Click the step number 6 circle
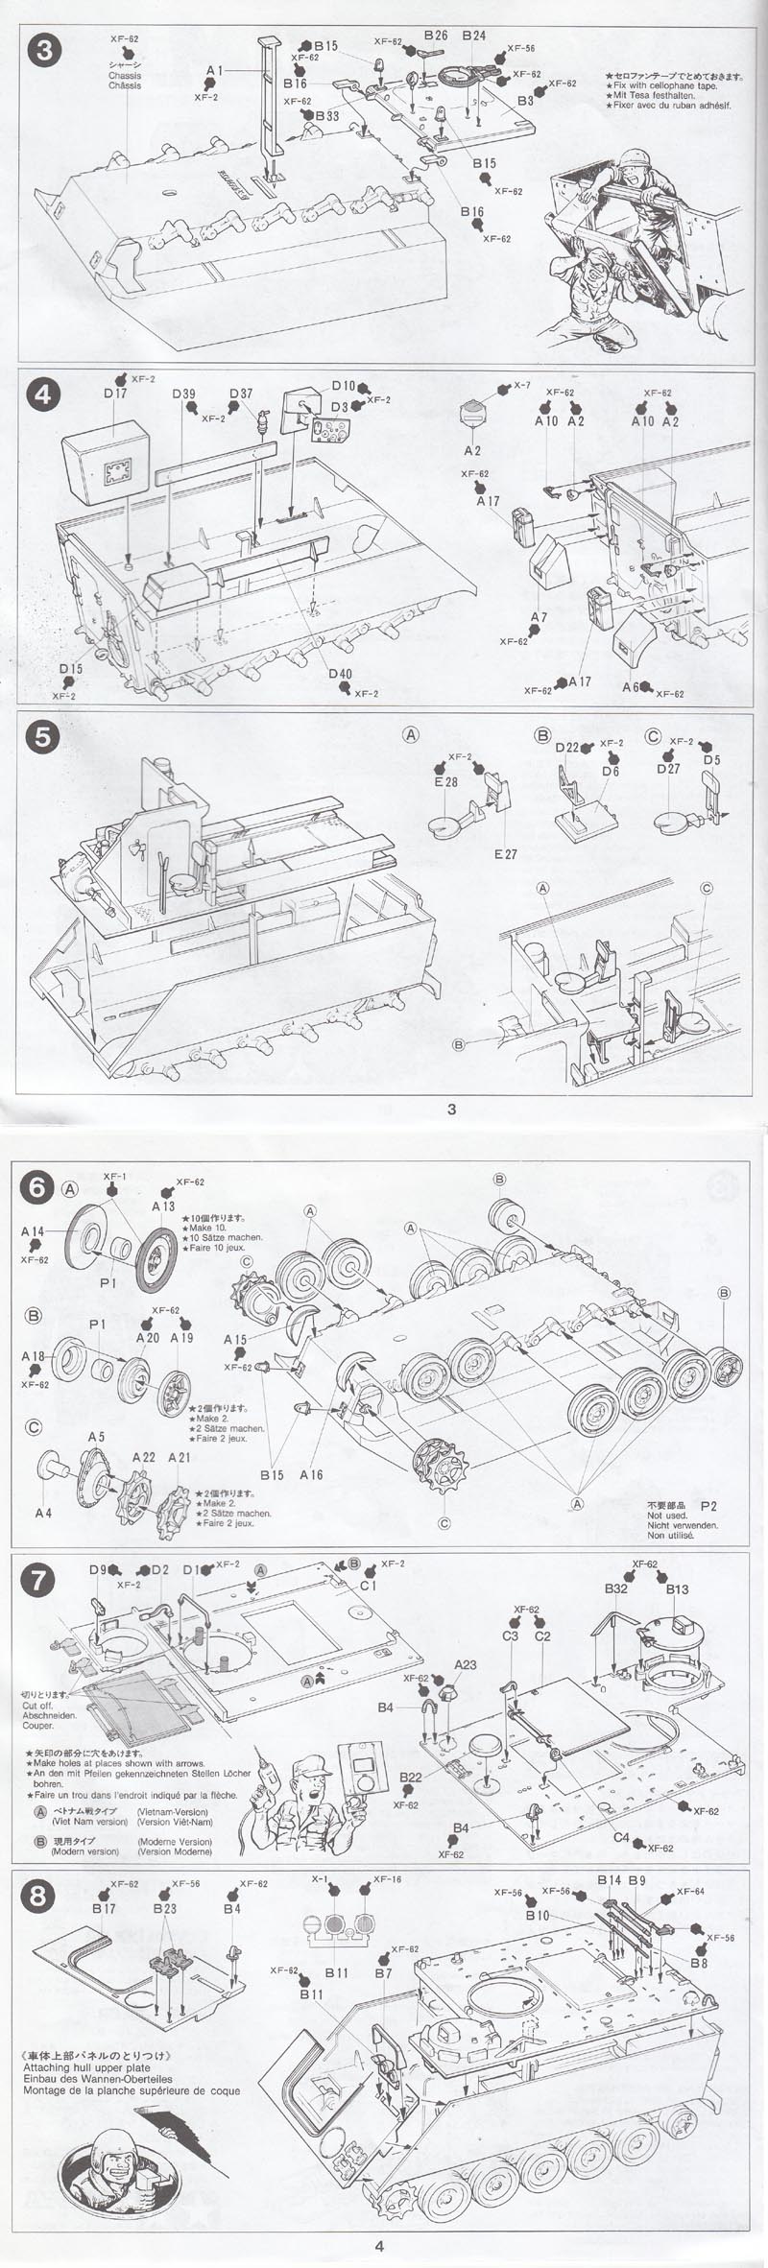pos(37,1188)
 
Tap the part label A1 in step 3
pos(213,71)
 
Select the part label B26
pos(435,36)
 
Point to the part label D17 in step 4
pos(115,393)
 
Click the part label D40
pos(339,674)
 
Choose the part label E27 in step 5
pos(505,854)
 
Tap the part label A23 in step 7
pos(466,1664)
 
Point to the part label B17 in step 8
pos(104,1909)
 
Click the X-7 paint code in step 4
pos(521,385)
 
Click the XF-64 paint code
pos(690,1891)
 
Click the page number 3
pos(451,1110)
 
